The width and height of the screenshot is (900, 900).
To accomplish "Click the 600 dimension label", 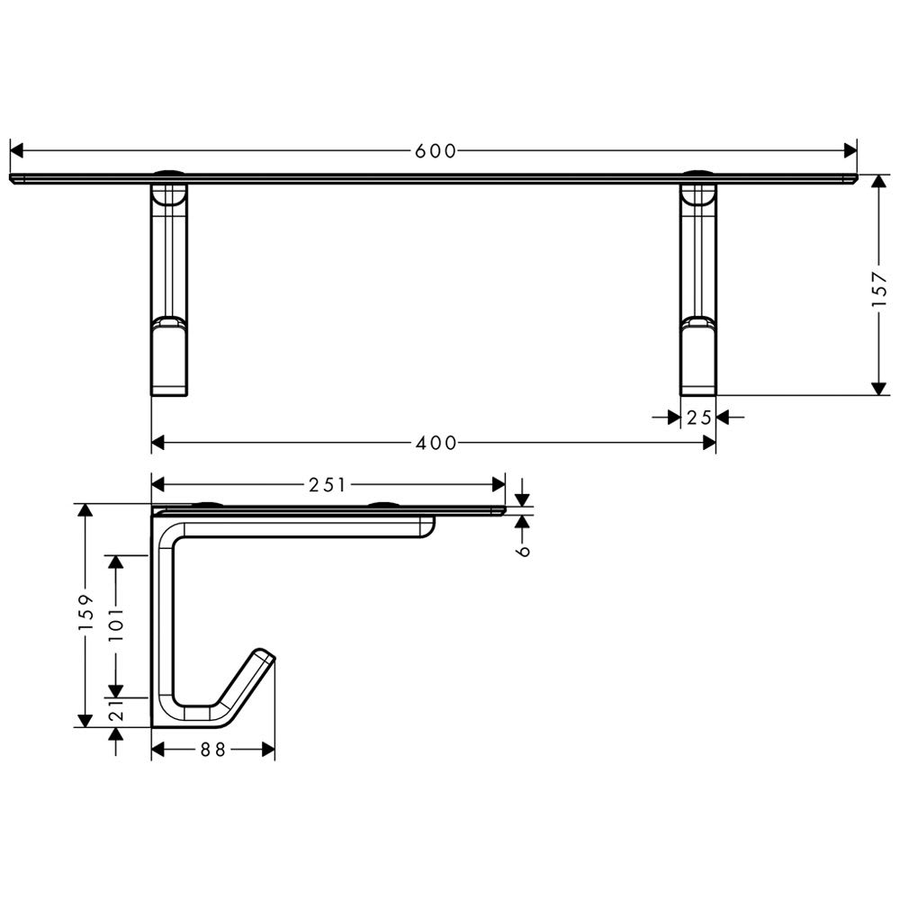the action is (435, 151).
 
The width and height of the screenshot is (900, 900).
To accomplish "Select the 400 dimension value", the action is (436, 443).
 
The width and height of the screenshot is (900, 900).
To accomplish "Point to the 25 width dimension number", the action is (699, 418).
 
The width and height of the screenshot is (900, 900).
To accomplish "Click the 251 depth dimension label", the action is (328, 485).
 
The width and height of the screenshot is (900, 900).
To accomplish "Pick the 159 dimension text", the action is (85, 612).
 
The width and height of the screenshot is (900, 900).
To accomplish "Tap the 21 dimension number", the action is (116, 711).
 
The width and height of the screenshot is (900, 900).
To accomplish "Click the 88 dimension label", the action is (213, 749).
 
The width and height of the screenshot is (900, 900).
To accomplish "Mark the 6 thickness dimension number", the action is (523, 551).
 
